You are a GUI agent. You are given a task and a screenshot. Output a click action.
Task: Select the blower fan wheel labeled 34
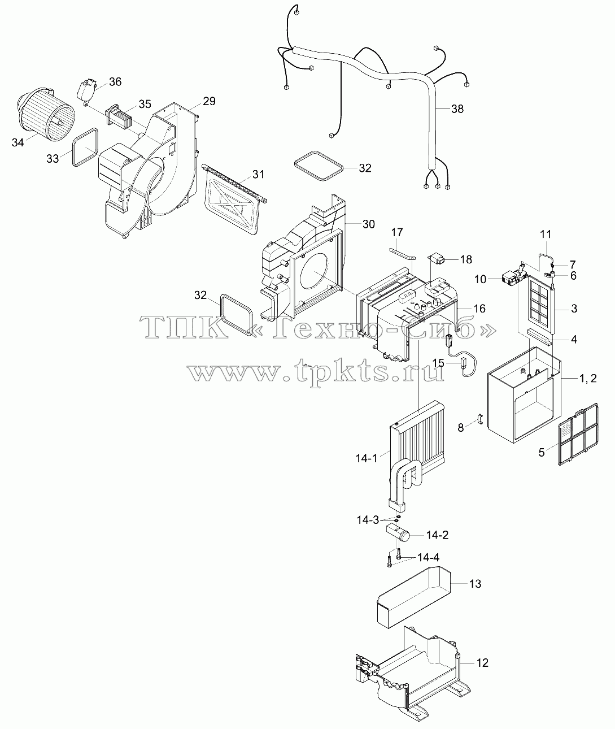point(46,114)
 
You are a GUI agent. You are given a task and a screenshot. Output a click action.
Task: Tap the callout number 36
point(115,81)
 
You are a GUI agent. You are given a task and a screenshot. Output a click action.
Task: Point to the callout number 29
point(209,101)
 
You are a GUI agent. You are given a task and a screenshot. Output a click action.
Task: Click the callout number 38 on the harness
point(457,109)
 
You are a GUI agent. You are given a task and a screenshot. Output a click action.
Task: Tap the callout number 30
point(368,224)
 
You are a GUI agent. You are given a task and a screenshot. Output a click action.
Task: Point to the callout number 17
point(397,232)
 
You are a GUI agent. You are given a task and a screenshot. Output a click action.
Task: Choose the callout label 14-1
point(367,458)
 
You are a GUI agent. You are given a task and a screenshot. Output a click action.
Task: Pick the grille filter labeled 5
point(578,434)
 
